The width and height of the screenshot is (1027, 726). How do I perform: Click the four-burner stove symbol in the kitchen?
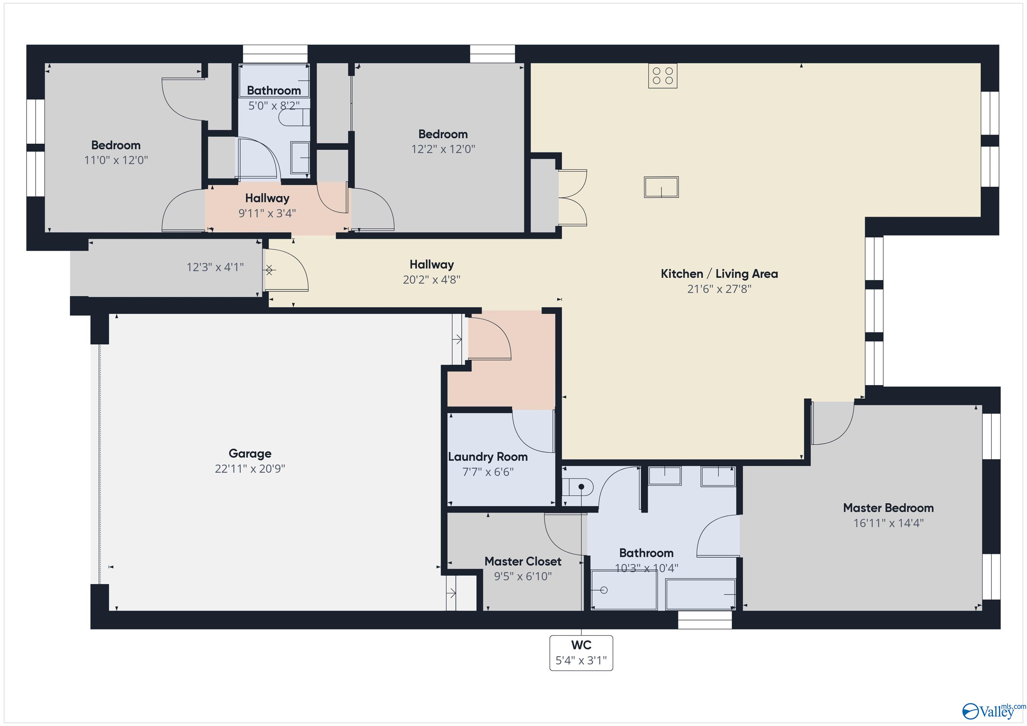663,76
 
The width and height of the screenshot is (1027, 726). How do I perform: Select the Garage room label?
250,453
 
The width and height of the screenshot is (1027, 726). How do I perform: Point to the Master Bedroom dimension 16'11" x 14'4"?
888,523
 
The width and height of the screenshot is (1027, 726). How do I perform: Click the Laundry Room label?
487,456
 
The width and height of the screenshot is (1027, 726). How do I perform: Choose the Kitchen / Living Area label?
719,274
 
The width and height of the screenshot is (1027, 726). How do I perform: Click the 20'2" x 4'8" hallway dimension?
431,279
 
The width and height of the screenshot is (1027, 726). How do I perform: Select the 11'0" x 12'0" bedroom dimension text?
116,160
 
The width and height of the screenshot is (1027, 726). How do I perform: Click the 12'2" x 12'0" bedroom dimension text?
443,149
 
